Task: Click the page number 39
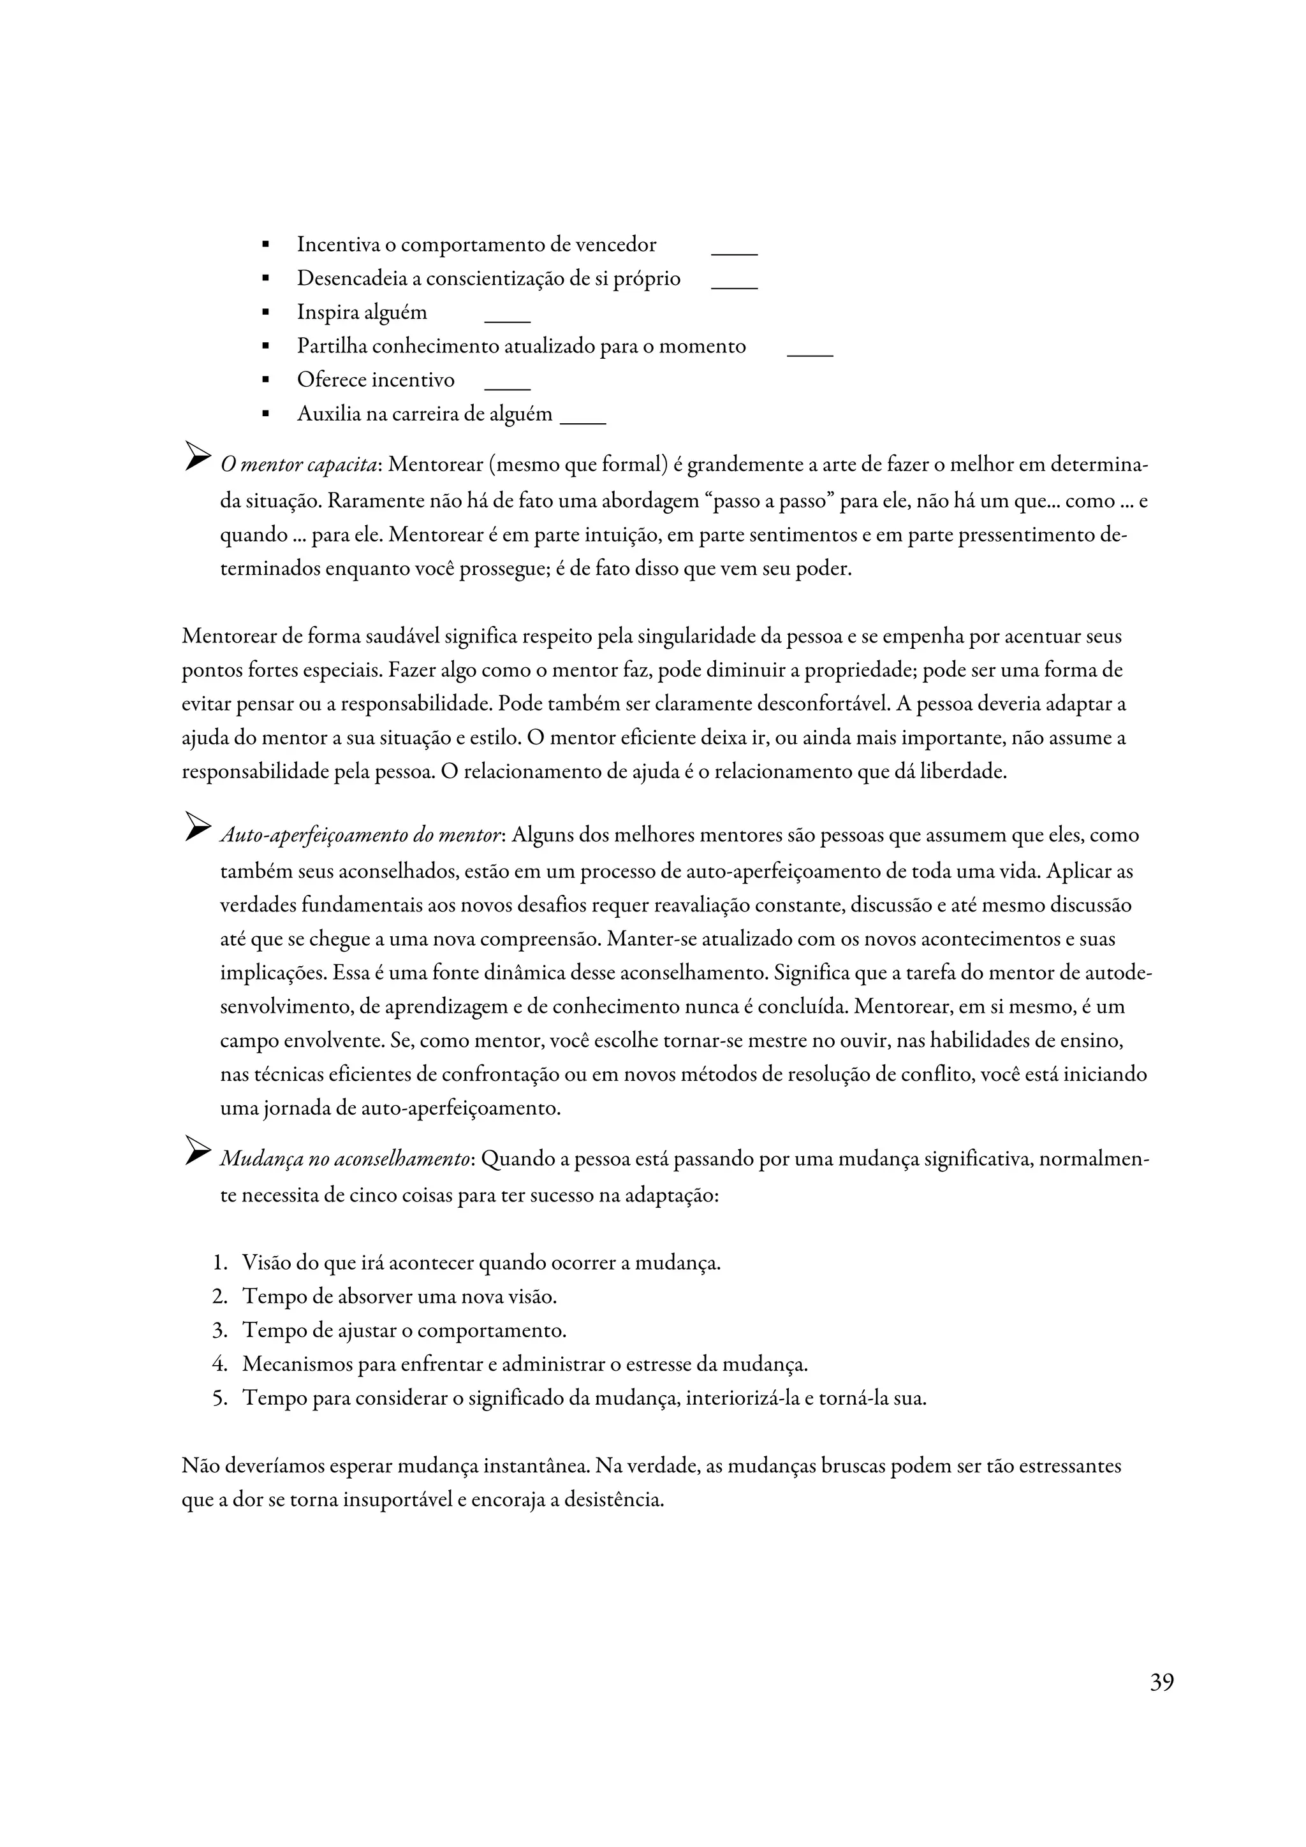point(1161,1682)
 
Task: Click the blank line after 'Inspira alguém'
point(507,320)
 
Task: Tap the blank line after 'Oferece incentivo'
point(507,388)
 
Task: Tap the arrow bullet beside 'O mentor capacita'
point(197,456)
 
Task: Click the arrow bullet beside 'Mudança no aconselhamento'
point(197,1151)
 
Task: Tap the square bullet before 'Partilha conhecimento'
point(265,347)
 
